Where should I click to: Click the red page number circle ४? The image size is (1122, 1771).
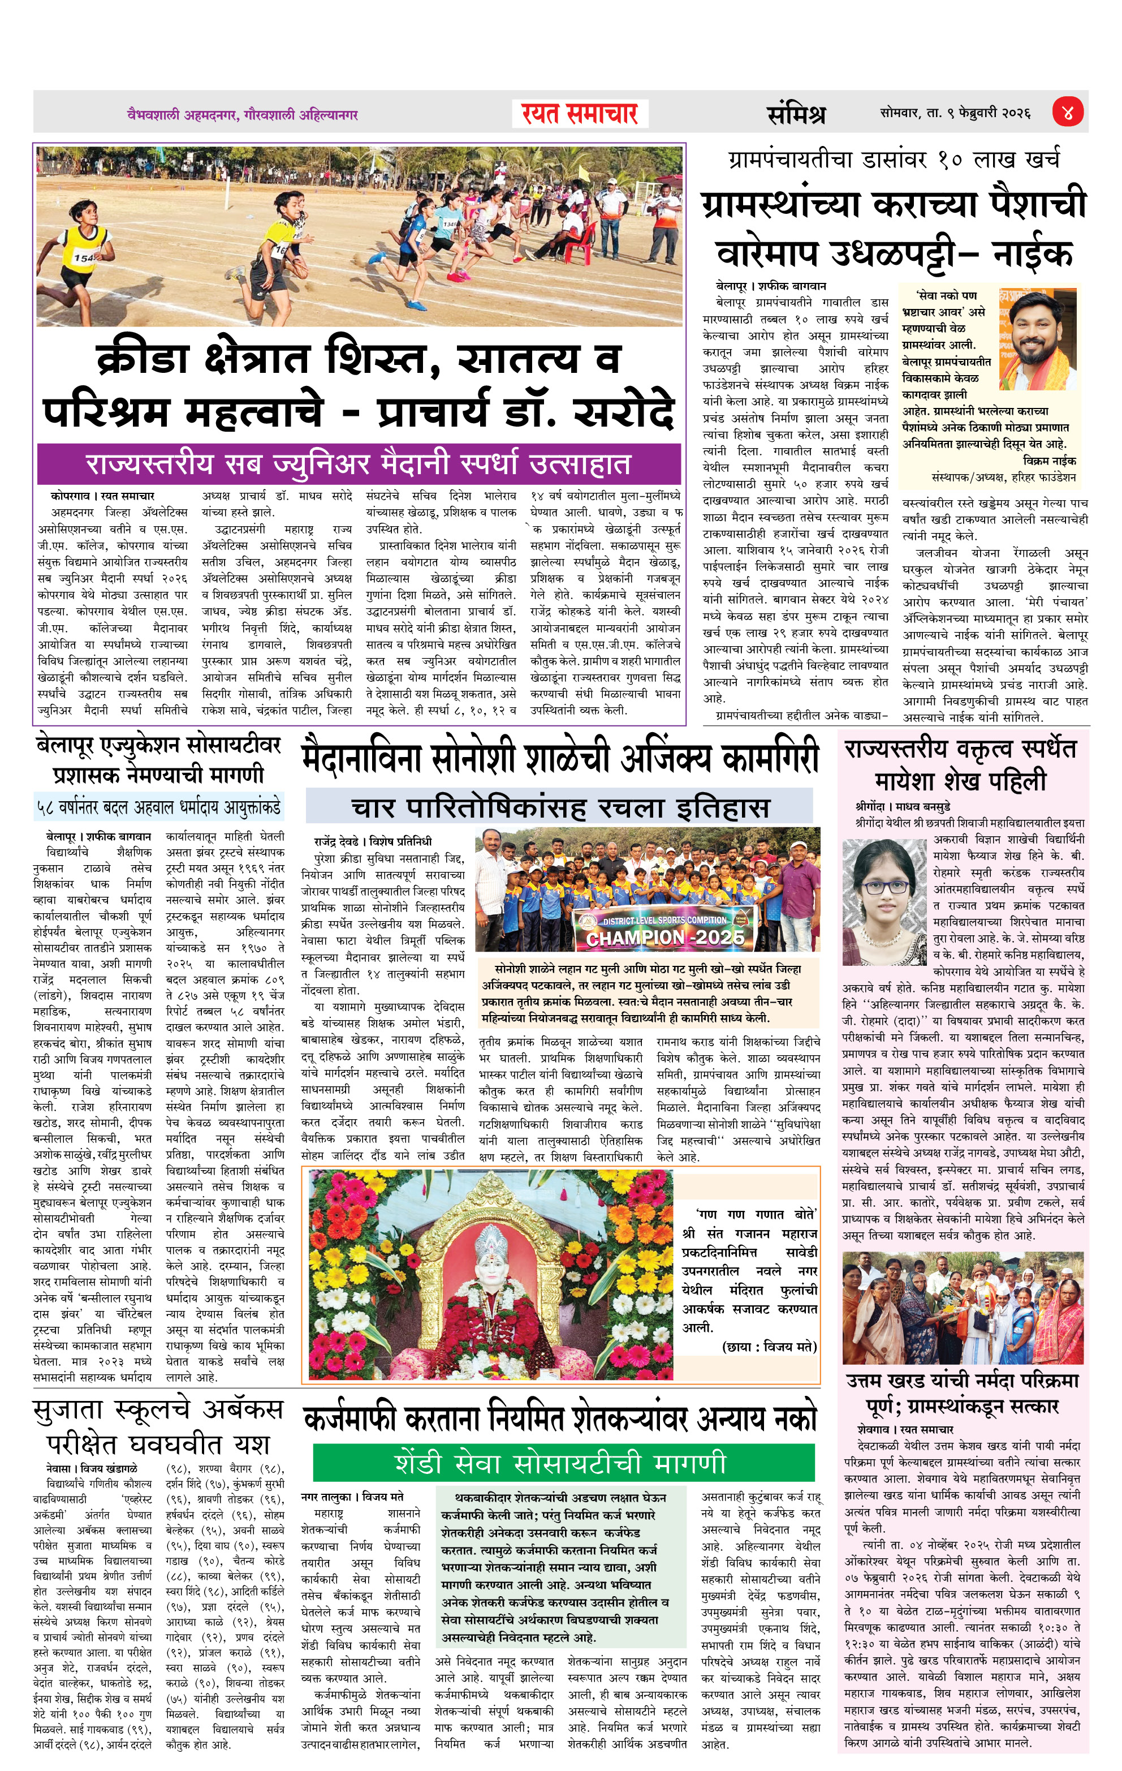tap(1068, 113)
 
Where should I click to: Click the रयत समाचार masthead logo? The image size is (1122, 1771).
tap(580, 114)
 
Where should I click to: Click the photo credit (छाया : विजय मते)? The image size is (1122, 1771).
tap(769, 1347)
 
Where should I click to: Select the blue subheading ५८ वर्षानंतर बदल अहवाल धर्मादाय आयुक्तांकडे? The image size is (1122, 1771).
tap(158, 807)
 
